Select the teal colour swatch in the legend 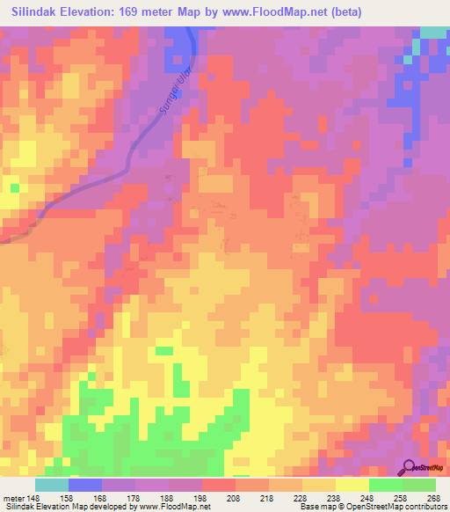point(52,485)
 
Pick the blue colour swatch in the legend point(85,485)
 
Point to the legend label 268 point(433,497)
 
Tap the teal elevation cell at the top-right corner point(432,33)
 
